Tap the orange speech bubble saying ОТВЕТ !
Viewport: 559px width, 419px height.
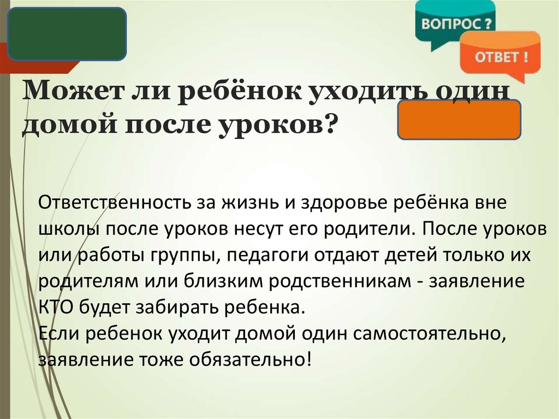500,56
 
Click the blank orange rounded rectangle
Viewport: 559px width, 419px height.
459,119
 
